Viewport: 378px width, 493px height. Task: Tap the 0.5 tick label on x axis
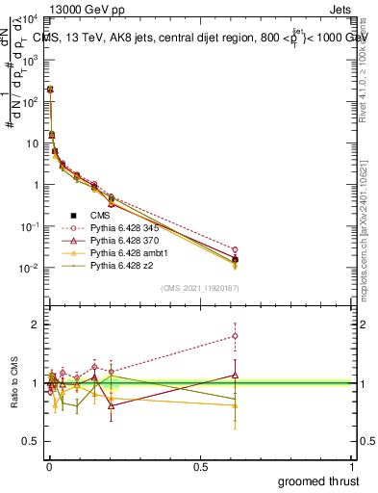pos(200,467)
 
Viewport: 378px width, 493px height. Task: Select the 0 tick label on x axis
pos(49,467)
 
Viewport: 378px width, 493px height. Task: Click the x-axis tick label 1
pos(351,467)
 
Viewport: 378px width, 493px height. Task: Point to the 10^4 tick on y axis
pos(29,19)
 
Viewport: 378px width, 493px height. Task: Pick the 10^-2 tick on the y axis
pos(29,268)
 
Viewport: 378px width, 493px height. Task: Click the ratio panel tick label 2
pos(37,324)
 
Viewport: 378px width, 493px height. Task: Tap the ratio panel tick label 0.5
pos(32,442)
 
